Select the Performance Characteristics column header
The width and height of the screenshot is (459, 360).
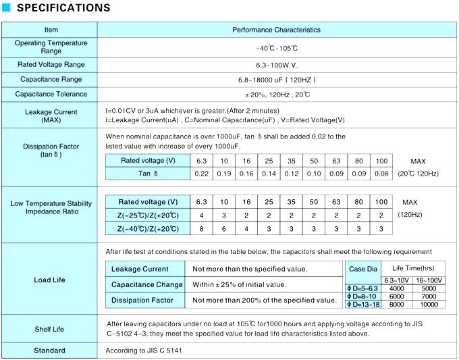(x=276, y=30)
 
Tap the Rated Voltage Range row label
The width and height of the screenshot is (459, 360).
(x=51, y=65)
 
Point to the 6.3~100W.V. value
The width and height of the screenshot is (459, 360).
(x=276, y=65)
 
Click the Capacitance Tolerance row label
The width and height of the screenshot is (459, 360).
(x=51, y=95)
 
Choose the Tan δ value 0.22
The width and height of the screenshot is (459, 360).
(x=201, y=174)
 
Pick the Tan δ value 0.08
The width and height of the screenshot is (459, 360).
(x=381, y=174)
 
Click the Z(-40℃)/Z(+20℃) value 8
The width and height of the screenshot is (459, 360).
(x=201, y=229)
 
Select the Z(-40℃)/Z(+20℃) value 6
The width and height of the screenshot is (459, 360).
(x=224, y=229)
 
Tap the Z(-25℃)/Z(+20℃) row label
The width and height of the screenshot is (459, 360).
(x=148, y=215)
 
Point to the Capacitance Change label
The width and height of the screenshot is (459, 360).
(x=146, y=284)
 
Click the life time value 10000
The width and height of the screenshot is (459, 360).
(x=429, y=305)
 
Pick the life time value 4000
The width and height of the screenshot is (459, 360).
(x=396, y=288)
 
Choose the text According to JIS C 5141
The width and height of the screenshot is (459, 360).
(x=144, y=351)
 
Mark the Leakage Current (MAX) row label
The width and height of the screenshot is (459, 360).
(x=51, y=115)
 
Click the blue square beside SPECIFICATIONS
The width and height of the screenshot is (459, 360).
(x=7, y=8)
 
